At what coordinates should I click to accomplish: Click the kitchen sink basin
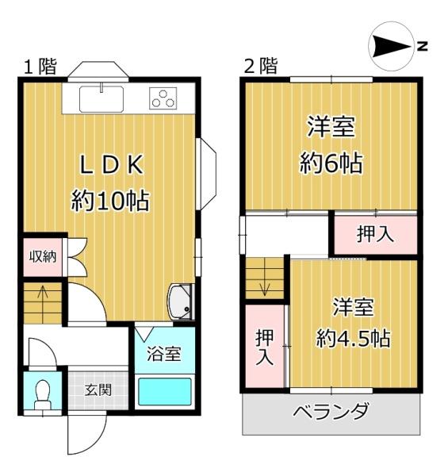101,99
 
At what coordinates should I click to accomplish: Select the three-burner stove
164,99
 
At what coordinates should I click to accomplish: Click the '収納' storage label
42,256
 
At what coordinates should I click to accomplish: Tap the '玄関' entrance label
98,390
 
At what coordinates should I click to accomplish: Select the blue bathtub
165,392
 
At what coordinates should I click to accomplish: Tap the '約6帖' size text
331,163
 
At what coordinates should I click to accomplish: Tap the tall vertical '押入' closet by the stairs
264,347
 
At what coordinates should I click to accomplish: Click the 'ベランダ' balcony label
331,413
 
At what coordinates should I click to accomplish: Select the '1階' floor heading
40,67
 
